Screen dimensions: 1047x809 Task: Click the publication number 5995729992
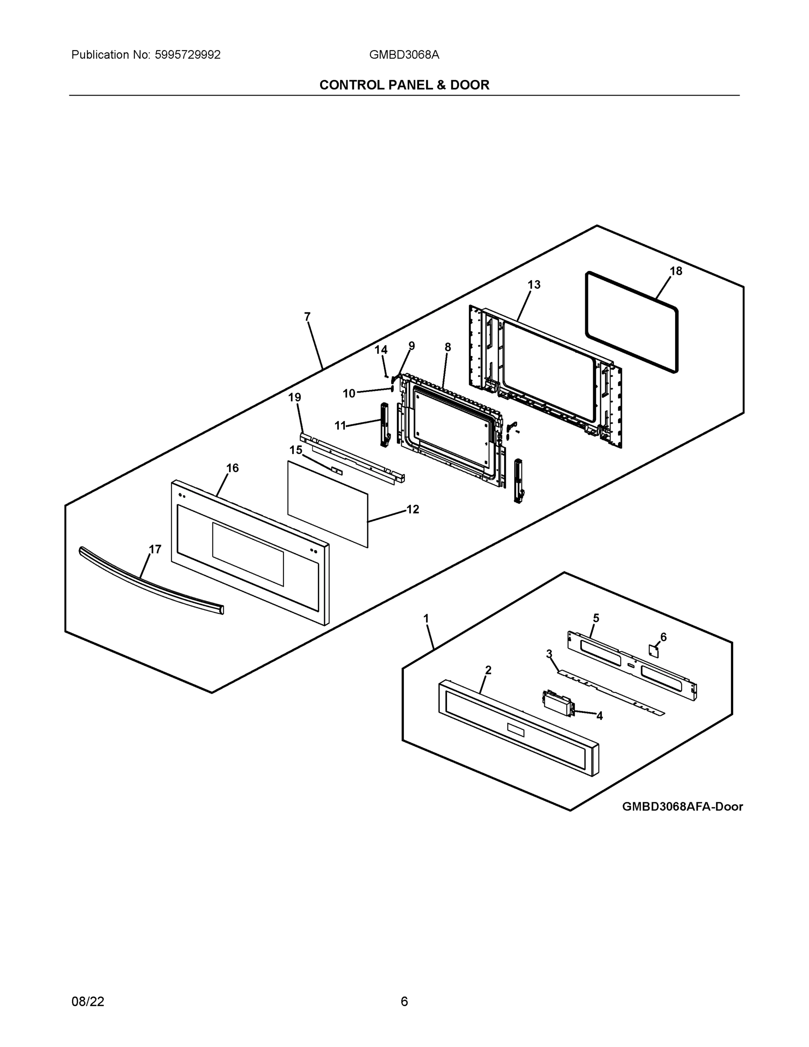pyautogui.click(x=188, y=55)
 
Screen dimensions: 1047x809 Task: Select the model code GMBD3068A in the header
pyautogui.click(x=403, y=55)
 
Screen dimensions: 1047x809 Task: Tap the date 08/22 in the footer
pyautogui.click(x=88, y=1002)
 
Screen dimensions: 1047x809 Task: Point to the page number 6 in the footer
pyautogui.click(x=404, y=1002)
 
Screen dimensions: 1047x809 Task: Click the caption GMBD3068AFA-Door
pyautogui.click(x=682, y=807)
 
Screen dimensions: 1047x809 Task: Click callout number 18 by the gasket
pyautogui.click(x=676, y=271)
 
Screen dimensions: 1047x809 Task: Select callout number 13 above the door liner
pyautogui.click(x=534, y=285)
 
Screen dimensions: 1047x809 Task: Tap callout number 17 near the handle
pyautogui.click(x=155, y=549)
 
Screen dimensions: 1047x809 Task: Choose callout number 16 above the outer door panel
pyautogui.click(x=232, y=469)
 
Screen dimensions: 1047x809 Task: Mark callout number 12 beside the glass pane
pyautogui.click(x=413, y=510)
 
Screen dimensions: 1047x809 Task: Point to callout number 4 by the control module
pyautogui.click(x=599, y=716)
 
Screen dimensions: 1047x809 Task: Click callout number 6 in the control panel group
pyautogui.click(x=663, y=637)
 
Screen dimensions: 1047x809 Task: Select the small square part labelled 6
pyautogui.click(x=654, y=651)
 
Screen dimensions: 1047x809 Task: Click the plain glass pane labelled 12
pyautogui.click(x=328, y=503)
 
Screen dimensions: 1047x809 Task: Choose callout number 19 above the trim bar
pyautogui.click(x=295, y=397)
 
